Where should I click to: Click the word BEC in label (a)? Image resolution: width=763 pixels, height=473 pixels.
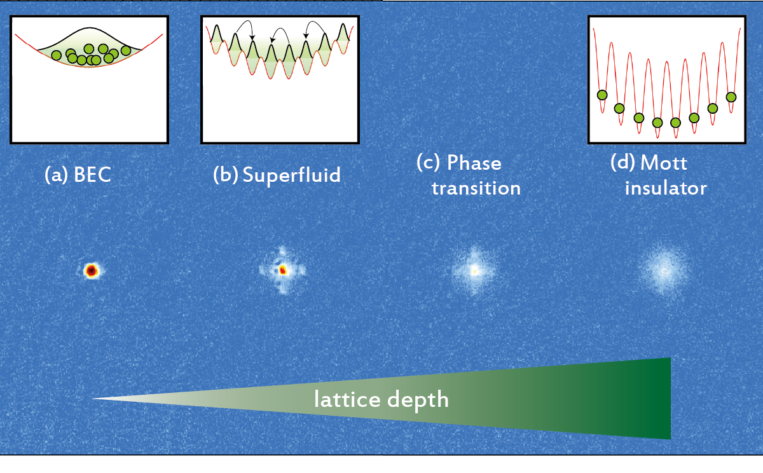pos(92,175)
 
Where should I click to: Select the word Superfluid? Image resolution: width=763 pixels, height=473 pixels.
pos(292,175)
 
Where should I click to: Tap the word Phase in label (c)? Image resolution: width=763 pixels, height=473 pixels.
pos(474,163)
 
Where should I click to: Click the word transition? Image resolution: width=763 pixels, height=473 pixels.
pos(476,188)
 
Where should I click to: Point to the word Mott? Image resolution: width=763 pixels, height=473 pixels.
pos(664,163)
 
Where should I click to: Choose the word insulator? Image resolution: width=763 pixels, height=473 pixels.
pos(666,188)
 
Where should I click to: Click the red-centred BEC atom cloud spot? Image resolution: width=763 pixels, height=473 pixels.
pos(92,271)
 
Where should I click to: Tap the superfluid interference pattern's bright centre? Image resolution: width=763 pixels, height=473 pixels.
pos(283,270)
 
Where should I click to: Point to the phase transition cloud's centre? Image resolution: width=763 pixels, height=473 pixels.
pos(474,271)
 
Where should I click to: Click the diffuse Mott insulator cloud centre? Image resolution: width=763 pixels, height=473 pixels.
pos(664,271)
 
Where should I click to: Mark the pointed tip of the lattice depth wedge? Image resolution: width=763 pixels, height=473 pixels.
pos(92,399)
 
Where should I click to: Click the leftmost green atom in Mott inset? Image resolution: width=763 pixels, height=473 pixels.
pos(602,95)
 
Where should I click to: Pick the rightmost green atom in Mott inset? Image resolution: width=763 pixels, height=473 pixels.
pos(731,97)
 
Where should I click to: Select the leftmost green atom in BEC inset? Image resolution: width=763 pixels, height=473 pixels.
pos(56,55)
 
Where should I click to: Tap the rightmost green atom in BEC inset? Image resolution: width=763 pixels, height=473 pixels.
pos(126,51)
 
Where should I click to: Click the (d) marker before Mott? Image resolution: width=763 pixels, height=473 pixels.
pos(622,163)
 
